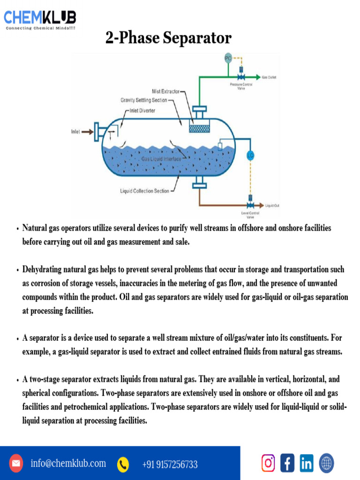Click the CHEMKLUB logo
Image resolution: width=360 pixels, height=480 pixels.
click(40, 19)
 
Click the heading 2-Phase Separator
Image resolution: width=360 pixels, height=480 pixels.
click(168, 38)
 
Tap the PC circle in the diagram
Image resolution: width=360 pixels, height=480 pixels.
click(228, 58)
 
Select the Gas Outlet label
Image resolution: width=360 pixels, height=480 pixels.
click(269, 76)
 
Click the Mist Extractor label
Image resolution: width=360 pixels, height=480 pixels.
click(165, 91)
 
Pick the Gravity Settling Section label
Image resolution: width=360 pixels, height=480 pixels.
click(143, 100)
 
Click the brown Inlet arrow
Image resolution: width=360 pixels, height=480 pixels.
click(87, 132)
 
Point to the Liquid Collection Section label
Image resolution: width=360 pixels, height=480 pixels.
click(144, 191)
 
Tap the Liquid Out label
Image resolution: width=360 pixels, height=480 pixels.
click(272, 206)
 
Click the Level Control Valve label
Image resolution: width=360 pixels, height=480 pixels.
click(250, 215)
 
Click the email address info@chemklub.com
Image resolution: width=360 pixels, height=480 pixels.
click(68, 464)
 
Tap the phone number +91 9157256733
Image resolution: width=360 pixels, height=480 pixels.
click(170, 465)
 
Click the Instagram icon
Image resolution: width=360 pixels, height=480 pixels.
click(268, 463)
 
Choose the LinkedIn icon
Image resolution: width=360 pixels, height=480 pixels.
click(307, 463)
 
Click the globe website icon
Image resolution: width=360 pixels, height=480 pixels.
click(326, 463)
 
